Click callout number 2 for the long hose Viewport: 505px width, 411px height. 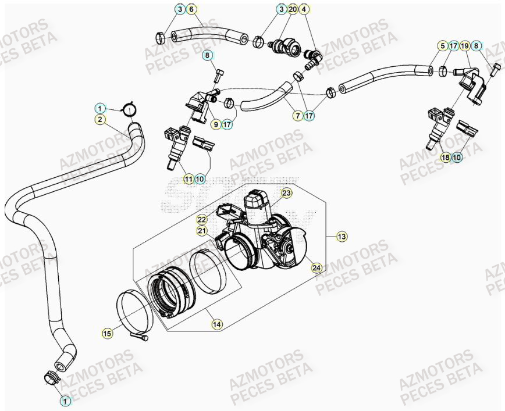[x=100, y=120]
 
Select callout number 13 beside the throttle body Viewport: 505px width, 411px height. [x=341, y=236]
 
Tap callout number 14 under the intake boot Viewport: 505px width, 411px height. [x=216, y=324]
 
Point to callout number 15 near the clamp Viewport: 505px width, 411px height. [x=107, y=333]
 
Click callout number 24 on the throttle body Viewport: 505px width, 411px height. [x=316, y=267]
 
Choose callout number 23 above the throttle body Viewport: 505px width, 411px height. [x=286, y=192]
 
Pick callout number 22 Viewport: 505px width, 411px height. [x=202, y=219]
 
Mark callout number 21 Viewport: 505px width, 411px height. [x=202, y=231]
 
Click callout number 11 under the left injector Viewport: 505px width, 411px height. [x=188, y=179]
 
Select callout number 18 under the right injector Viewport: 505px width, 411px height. [x=446, y=157]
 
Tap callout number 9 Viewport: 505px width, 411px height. [x=215, y=124]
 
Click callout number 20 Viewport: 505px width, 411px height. [x=293, y=9]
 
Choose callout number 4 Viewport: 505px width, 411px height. [x=305, y=9]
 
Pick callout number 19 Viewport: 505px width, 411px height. [x=465, y=45]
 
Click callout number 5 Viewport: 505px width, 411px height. [x=443, y=45]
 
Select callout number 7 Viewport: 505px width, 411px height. [x=297, y=116]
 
